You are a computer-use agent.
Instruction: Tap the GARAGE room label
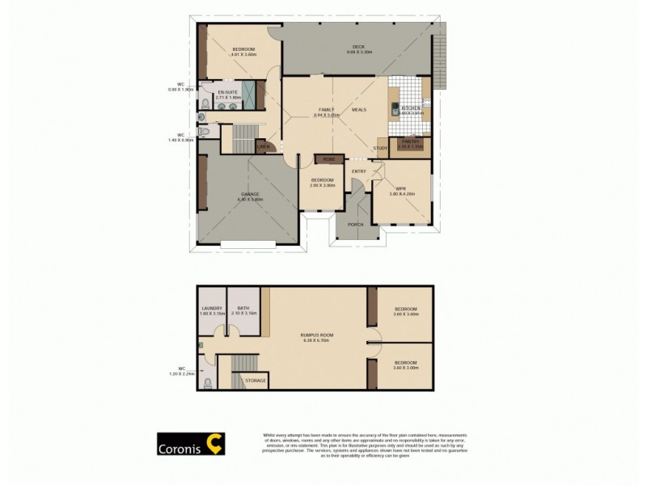250,194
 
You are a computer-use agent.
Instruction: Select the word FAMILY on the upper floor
326,109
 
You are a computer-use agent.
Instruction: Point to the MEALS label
359,109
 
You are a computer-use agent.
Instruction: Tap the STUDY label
380,149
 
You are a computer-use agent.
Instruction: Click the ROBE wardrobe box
328,159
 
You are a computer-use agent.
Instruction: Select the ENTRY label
359,171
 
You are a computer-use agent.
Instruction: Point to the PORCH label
354,224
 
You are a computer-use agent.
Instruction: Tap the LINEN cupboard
263,146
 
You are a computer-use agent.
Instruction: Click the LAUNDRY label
211,308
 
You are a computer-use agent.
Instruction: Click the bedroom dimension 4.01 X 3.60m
243,55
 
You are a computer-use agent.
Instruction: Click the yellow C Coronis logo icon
215,443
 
